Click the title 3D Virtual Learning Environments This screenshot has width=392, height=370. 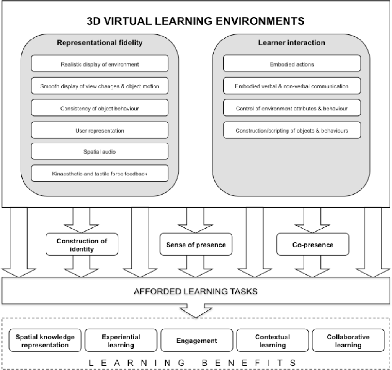pos(196,21)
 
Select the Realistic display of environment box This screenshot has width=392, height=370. pos(100,64)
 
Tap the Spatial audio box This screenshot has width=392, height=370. pos(100,152)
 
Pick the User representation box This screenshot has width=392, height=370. pos(100,130)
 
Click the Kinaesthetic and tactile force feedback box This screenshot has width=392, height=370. pos(100,174)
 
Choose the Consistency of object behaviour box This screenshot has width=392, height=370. pos(100,109)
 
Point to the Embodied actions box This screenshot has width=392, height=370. pos(292,64)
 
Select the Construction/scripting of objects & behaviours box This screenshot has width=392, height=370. pos(292,130)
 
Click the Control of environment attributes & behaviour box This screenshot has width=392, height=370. pos(292,109)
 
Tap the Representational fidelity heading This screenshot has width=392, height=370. pos(100,43)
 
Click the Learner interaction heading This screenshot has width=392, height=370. pos(292,43)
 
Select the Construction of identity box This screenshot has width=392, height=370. pos(82,245)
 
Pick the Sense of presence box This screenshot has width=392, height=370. pos(196,245)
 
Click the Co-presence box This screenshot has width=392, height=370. pos(313,245)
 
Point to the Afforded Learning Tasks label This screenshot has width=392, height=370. pos(196,292)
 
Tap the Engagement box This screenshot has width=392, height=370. pos(197,341)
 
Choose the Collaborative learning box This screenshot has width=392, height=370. pos(348,341)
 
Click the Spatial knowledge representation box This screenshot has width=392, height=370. pos(45,341)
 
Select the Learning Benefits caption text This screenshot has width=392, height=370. pos(196,362)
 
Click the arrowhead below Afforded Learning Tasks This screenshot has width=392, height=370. pos(196,311)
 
